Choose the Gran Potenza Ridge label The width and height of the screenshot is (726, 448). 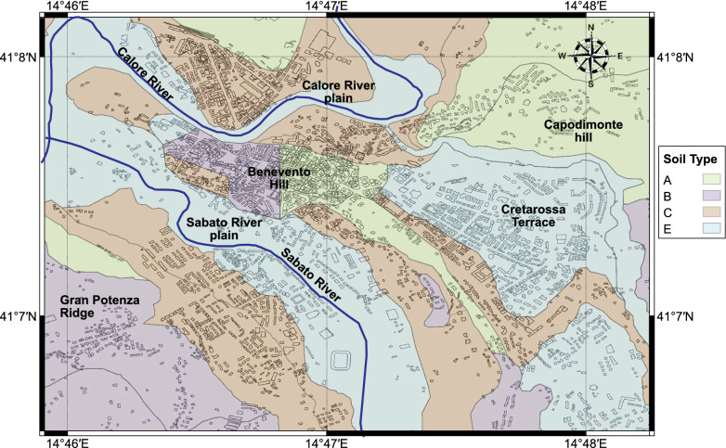pyautogui.click(x=91, y=306)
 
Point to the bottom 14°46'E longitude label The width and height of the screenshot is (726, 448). pyautogui.click(x=68, y=442)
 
